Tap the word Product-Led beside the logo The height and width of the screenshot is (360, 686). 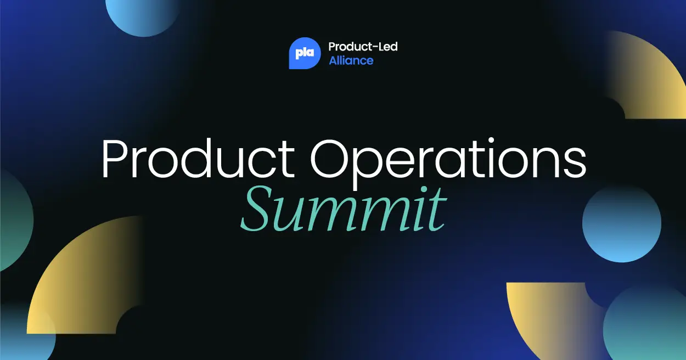(363, 47)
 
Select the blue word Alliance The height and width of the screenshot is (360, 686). (351, 60)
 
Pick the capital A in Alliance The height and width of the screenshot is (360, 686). (333, 60)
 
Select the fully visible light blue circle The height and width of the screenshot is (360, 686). (621, 223)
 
